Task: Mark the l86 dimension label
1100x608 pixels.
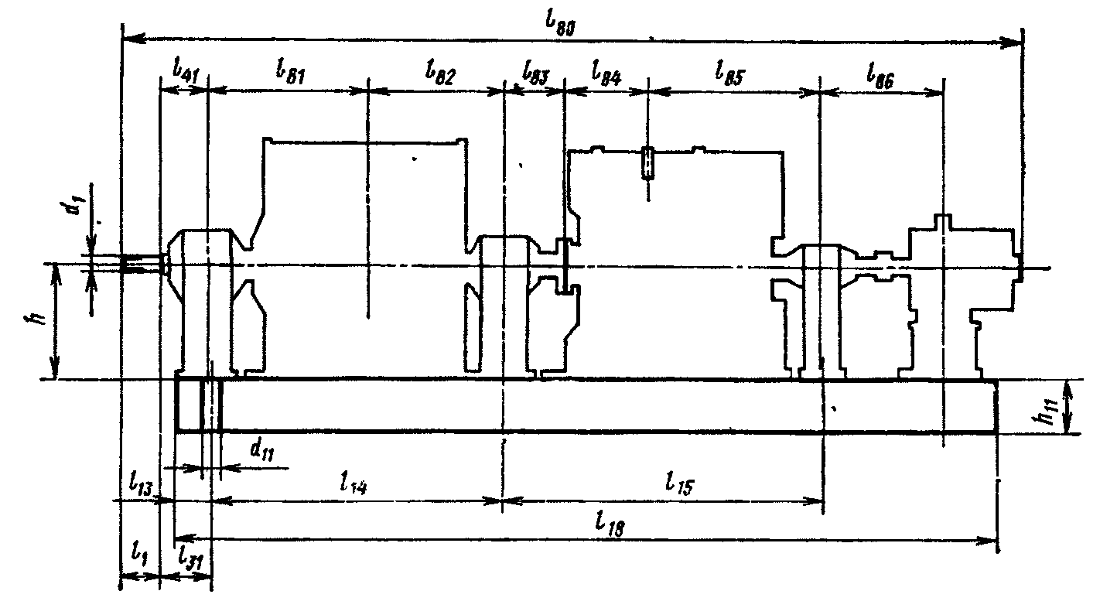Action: point(882,74)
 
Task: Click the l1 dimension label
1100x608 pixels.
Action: point(140,552)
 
